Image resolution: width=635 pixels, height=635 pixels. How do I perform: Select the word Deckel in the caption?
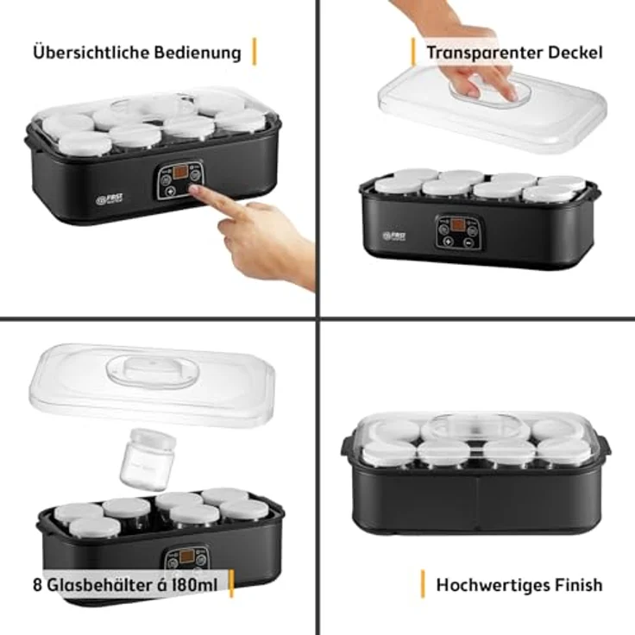tap(575, 53)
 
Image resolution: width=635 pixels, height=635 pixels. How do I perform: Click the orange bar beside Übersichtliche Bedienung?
tap(255, 52)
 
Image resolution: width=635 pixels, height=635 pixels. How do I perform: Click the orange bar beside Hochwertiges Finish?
tap(423, 584)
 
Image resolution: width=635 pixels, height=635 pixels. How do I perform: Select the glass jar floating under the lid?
tap(149, 458)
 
